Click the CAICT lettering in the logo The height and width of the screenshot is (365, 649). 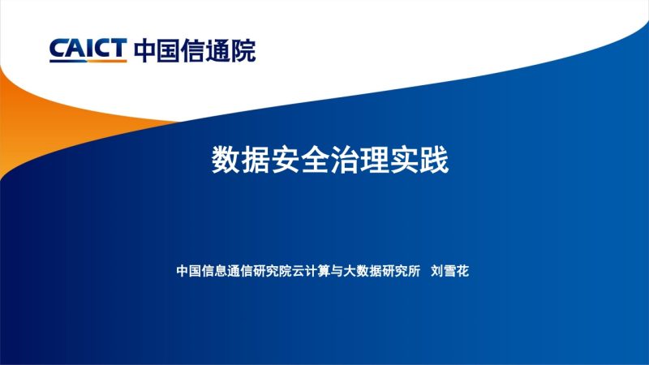[x=88, y=50]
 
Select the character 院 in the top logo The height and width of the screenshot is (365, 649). [x=243, y=50]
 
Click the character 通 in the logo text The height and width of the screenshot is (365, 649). [x=218, y=50]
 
